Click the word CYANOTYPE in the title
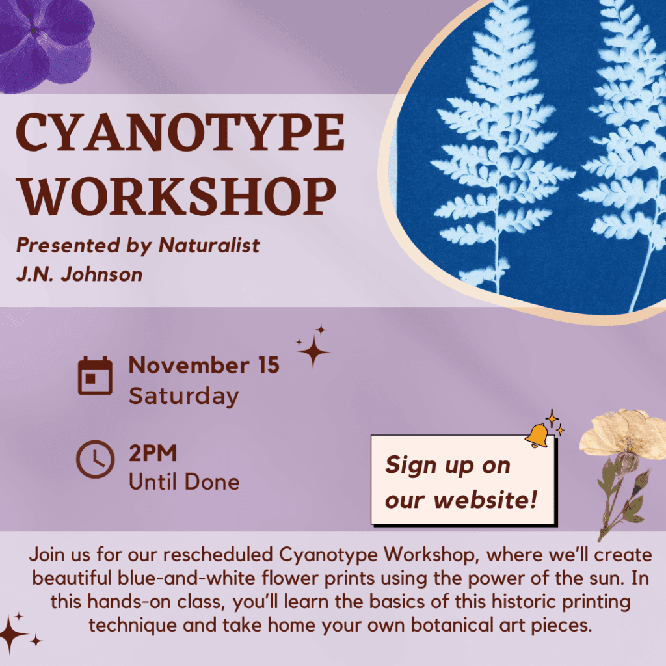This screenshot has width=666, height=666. [180, 133]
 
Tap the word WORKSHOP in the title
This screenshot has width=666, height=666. [177, 196]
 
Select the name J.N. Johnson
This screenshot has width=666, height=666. [79, 274]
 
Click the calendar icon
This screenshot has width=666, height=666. [95, 376]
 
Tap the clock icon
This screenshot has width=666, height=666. [95, 459]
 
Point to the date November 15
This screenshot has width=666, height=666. [204, 366]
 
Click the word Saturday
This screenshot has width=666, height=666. [184, 396]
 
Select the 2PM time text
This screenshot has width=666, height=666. [153, 453]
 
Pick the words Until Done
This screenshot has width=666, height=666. [184, 482]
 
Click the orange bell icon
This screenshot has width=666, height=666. [537, 435]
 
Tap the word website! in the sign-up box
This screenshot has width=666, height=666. [485, 499]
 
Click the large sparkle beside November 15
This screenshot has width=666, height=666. [313, 351]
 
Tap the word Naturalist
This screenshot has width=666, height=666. [209, 245]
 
